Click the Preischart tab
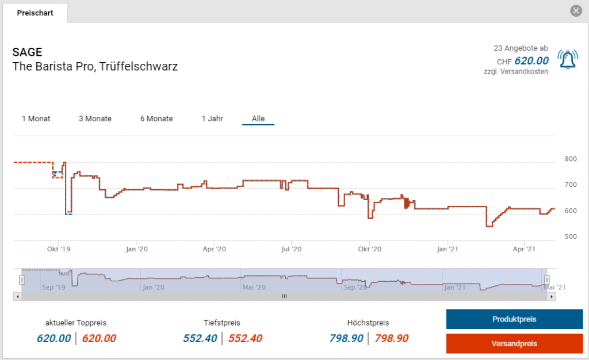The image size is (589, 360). click(35, 13)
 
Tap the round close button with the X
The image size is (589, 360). click(576, 11)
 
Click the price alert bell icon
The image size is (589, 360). click(568, 60)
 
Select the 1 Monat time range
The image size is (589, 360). click(36, 118)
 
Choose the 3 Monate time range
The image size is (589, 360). click(95, 118)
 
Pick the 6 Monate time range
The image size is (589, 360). click(156, 118)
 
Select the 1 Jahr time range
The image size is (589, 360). click(212, 118)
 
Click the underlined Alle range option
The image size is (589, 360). click(258, 118)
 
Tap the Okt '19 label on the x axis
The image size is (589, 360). click(59, 249)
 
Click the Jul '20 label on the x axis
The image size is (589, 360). click(292, 249)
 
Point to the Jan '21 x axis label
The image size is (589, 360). click(448, 249)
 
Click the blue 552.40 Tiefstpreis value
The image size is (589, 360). click(200, 339)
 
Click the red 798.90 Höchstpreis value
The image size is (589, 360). click(391, 339)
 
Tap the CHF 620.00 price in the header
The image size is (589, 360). click(530, 61)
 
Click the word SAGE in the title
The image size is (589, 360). click(27, 52)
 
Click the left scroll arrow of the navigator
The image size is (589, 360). click(17, 296)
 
